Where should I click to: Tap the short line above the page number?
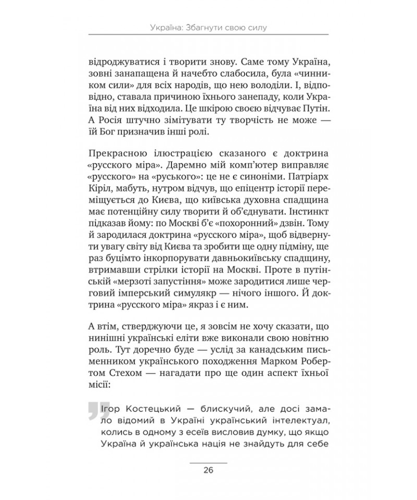(x=208, y=463)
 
